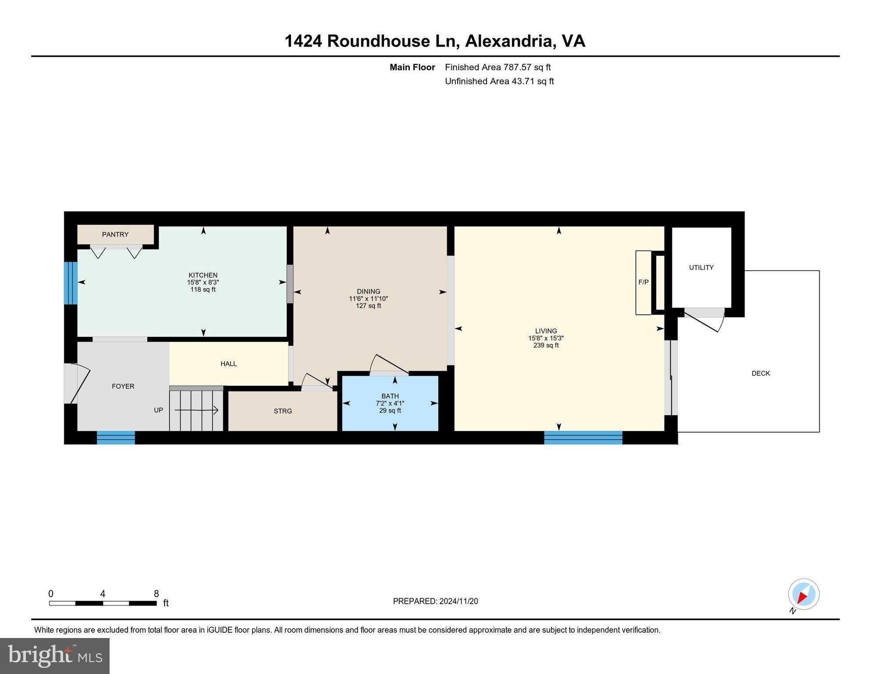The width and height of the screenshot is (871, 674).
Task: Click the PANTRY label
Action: (x=115, y=234)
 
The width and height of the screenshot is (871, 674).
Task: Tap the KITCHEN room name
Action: (x=203, y=275)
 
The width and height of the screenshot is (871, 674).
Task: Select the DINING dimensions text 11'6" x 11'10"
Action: (x=368, y=299)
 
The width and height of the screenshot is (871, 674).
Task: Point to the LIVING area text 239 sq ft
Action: (x=546, y=345)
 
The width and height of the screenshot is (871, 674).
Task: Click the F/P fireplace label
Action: (x=643, y=282)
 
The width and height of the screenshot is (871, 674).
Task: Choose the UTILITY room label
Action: (x=701, y=267)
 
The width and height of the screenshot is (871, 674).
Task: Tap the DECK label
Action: (x=761, y=373)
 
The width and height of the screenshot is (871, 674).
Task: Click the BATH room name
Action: (x=390, y=396)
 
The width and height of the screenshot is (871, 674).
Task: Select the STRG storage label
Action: (x=283, y=411)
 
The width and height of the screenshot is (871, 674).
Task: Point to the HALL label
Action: (x=228, y=364)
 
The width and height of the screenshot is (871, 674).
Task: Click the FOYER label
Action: (x=123, y=386)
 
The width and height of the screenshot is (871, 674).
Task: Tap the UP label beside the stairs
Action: (x=158, y=410)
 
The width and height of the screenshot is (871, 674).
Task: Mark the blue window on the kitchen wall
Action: (x=71, y=283)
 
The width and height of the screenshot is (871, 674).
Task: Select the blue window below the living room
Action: (x=583, y=437)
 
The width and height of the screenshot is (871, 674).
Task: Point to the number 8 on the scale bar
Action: (x=156, y=594)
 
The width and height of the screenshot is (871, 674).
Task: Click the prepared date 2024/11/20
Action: (x=459, y=601)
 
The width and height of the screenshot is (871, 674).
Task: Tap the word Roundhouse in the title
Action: (x=378, y=41)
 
